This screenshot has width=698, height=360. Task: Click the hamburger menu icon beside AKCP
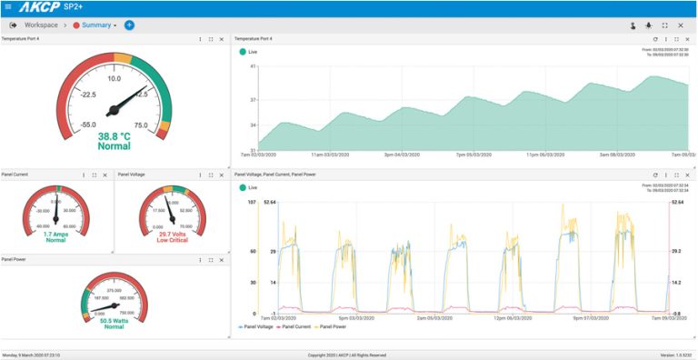(8, 7)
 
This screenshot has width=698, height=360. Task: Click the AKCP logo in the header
(38, 7)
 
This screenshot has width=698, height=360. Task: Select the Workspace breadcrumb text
(41, 25)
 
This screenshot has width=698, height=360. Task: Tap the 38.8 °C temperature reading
(115, 136)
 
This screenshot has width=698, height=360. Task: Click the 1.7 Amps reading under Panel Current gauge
(55, 234)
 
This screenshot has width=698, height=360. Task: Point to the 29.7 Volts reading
(172, 234)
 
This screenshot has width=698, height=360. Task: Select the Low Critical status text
(172, 240)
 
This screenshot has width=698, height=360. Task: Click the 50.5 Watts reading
(114, 320)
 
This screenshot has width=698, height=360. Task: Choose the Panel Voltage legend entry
(257, 325)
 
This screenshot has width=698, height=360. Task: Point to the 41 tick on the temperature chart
(252, 67)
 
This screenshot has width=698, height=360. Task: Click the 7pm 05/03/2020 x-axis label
(474, 155)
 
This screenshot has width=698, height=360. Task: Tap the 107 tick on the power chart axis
(252, 202)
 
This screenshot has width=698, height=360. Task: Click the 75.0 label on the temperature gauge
(140, 125)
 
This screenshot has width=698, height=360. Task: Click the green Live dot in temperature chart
(243, 52)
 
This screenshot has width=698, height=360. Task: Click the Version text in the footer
(676, 355)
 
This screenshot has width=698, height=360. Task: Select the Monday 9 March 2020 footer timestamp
(31, 355)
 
